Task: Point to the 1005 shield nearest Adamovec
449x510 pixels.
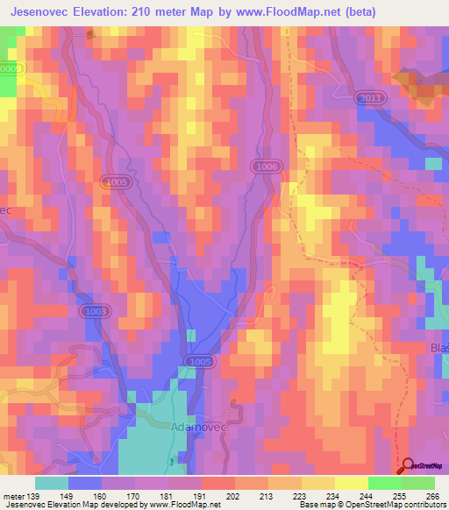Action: coord(200,361)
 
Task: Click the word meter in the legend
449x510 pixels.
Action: coord(13,496)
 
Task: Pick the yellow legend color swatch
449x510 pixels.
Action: coord(351,483)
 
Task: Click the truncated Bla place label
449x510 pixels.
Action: coord(439,348)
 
